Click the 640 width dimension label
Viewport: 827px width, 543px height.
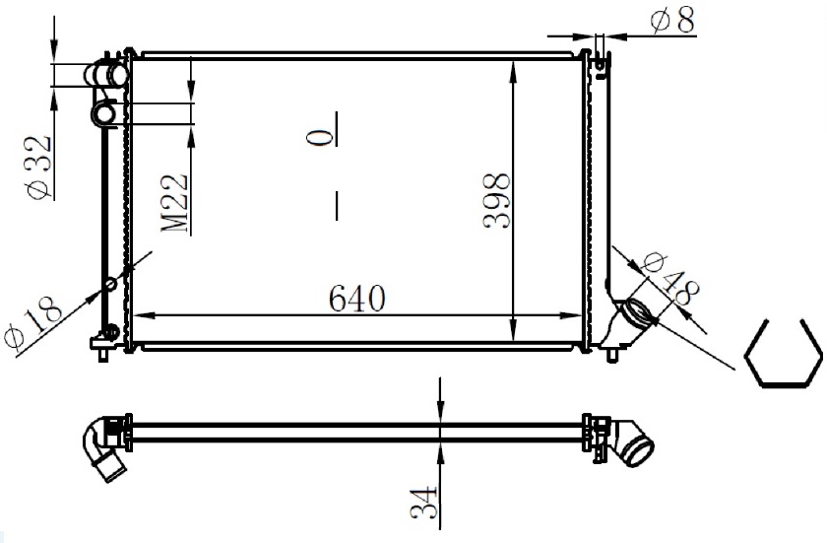coord(357,299)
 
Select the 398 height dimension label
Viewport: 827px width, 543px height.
coord(497,200)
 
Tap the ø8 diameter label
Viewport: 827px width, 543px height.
coord(673,20)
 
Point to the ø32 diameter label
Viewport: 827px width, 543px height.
coord(39,168)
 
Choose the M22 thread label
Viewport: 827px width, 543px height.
coord(174,203)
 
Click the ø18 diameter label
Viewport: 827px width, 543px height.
coord(33,322)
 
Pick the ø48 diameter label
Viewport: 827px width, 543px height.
coord(670,280)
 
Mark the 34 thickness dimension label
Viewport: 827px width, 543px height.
coord(424,502)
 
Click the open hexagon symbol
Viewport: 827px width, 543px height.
coord(783,354)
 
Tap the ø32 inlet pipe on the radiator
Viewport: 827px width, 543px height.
coord(106,75)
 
